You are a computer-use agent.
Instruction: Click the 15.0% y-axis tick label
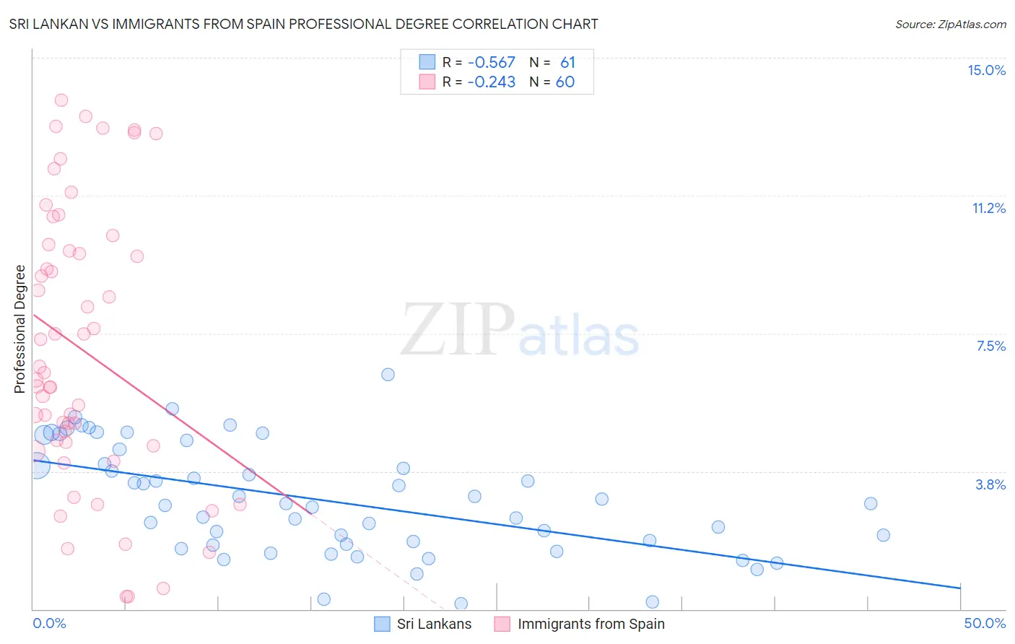pyautogui.click(x=986, y=70)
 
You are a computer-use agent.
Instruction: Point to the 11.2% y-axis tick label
pyautogui.click(x=988, y=208)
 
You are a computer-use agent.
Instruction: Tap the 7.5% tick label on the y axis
pyautogui.click(x=990, y=346)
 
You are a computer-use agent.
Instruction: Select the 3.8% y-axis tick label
pyautogui.click(x=990, y=484)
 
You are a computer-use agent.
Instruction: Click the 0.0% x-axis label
pyautogui.click(x=49, y=623)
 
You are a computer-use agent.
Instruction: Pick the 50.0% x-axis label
pyautogui.click(x=985, y=623)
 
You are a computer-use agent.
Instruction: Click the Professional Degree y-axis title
pyautogui.click(x=19, y=329)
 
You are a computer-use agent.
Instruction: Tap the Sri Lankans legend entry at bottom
pyautogui.click(x=433, y=624)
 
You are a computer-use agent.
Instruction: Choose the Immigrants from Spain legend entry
pyautogui.click(x=591, y=624)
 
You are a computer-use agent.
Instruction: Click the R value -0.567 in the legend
pyautogui.click(x=491, y=63)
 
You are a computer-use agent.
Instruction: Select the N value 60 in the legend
pyautogui.click(x=565, y=82)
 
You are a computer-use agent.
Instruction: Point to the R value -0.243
pyautogui.click(x=491, y=82)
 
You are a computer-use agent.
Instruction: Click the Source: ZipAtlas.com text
pyautogui.click(x=950, y=24)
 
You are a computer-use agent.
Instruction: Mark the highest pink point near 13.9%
pyautogui.click(x=61, y=100)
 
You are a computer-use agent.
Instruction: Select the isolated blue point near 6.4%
pyautogui.click(x=388, y=374)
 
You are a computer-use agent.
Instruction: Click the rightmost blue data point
pyautogui.click(x=883, y=535)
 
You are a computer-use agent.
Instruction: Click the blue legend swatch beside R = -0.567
pyautogui.click(x=427, y=62)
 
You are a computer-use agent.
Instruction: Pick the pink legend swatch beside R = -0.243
pyautogui.click(x=427, y=82)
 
